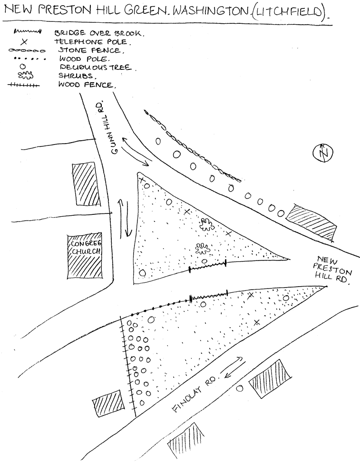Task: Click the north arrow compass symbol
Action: tap(323, 153)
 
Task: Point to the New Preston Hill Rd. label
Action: tap(331, 270)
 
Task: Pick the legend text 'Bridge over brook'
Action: tap(99, 33)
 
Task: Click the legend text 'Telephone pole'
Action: tap(92, 42)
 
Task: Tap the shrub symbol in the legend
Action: tap(25, 76)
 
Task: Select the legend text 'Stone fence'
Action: tap(91, 50)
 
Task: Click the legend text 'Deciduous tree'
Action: tap(97, 68)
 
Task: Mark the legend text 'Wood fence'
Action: tap(87, 85)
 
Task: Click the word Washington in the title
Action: tap(210, 11)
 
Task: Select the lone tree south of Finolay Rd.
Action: tap(240, 388)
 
